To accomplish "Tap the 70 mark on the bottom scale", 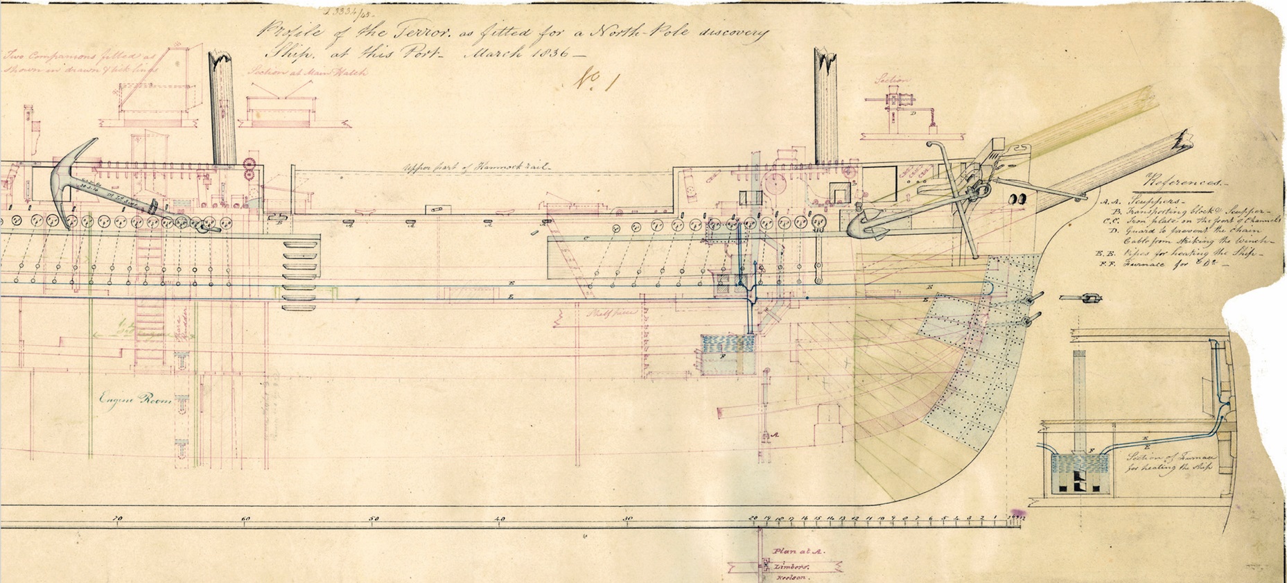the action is point(117,519).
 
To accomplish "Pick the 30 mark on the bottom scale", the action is point(627,519).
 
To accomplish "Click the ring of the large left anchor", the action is point(206,225).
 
